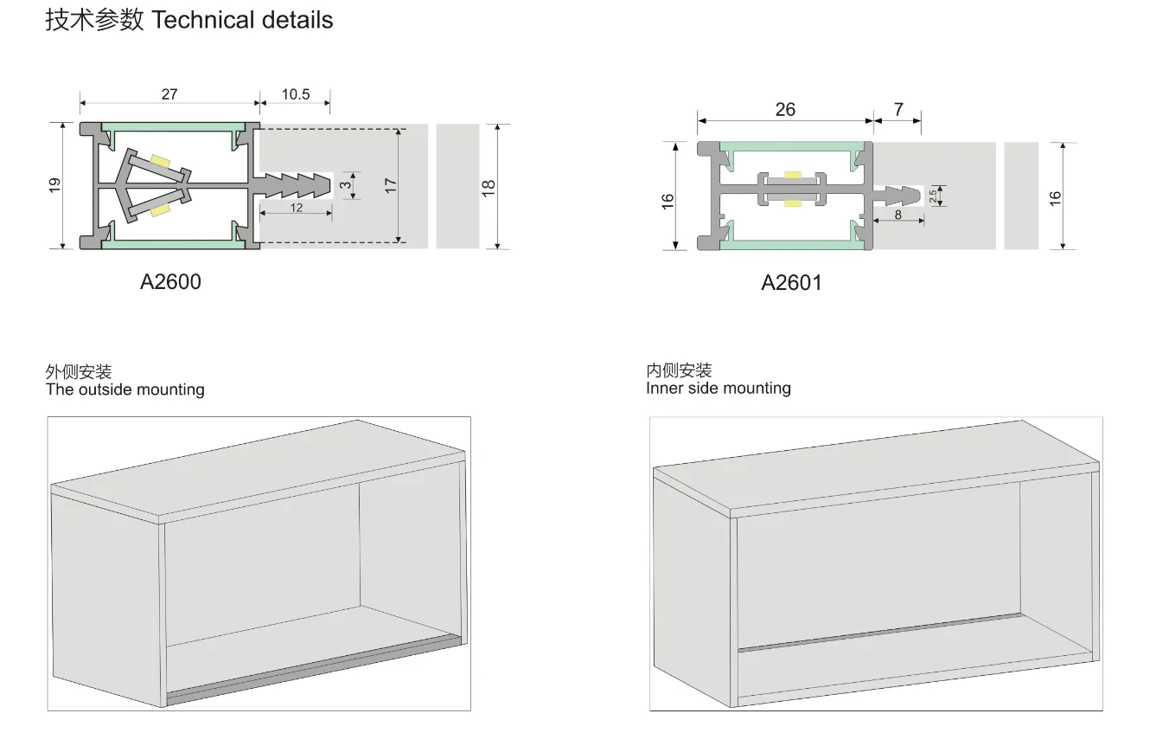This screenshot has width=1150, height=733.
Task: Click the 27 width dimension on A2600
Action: click(169, 93)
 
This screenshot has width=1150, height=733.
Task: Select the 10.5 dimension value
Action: click(296, 93)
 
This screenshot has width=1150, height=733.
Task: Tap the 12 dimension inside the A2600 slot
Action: click(297, 208)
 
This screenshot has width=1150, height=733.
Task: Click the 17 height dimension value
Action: click(391, 184)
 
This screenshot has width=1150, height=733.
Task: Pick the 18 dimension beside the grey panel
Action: click(489, 187)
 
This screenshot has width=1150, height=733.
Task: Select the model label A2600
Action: click(170, 281)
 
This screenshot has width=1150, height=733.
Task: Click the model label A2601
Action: click(791, 283)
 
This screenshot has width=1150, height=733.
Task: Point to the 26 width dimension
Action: click(785, 109)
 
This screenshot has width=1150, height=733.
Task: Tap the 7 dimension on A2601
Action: click(898, 109)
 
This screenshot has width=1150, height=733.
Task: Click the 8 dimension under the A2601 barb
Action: click(898, 214)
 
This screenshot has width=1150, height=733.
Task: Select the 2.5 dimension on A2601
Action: click(933, 196)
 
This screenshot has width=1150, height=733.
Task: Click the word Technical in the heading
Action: click(201, 21)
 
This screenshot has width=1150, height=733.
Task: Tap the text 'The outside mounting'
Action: click(125, 389)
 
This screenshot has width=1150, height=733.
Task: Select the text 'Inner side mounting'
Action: click(719, 388)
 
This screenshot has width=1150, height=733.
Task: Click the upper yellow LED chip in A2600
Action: click(160, 160)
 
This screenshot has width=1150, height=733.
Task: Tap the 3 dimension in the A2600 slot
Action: click(346, 185)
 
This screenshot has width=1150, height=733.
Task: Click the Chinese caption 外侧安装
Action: click(79, 372)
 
